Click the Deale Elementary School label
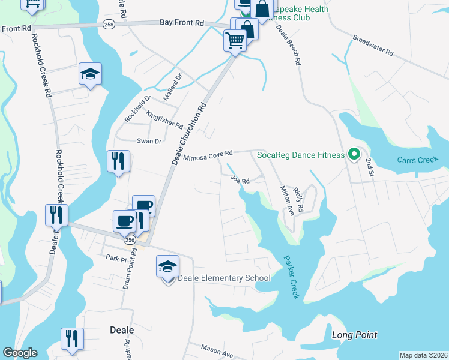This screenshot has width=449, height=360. pyautogui.click(x=224, y=278)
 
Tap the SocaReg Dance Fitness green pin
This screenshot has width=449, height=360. pyautogui.click(x=354, y=155)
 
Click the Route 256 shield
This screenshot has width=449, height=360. pyautogui.click(x=129, y=239)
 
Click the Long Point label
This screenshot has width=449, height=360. pyautogui.click(x=354, y=335)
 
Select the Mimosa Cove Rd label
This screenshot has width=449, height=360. pyautogui.click(x=208, y=157)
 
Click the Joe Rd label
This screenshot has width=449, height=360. pyautogui.click(x=240, y=179)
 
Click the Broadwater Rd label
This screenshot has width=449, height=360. pyautogui.click(x=372, y=45)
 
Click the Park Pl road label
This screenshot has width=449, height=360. pyautogui.click(x=113, y=258)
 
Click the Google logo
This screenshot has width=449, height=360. pyautogui.click(x=20, y=353)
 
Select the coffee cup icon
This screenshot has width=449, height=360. pyautogui.click(x=124, y=221)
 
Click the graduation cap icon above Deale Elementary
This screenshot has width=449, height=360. pyautogui.click(x=168, y=266)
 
